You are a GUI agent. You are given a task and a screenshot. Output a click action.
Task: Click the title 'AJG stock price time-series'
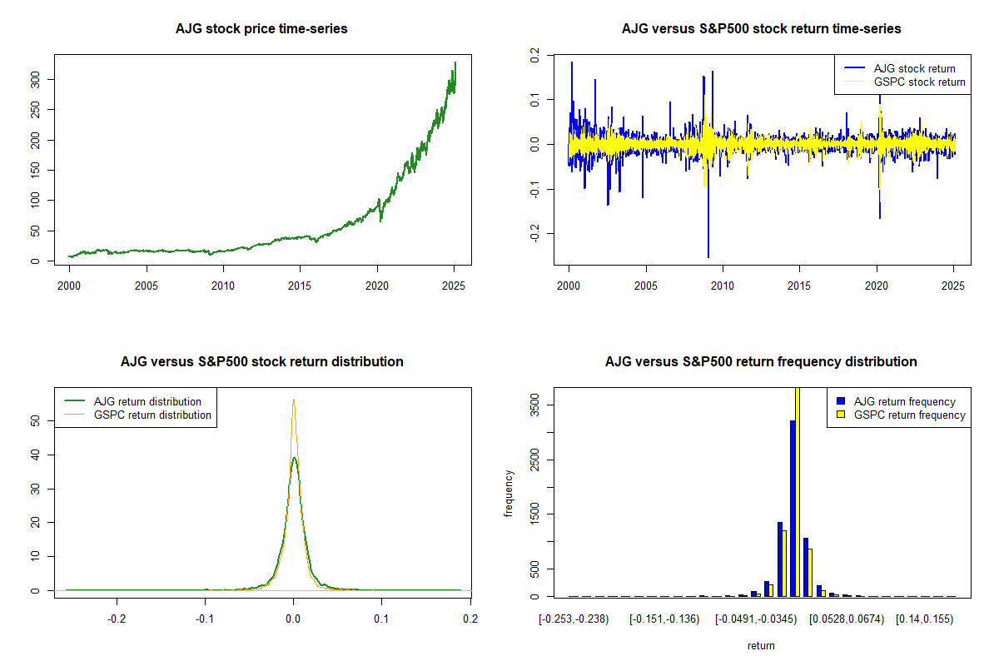pos(261,29)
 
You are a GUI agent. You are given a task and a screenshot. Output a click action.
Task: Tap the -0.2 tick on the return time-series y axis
pos(534,234)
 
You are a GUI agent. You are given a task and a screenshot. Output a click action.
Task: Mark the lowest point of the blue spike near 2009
pos(708,256)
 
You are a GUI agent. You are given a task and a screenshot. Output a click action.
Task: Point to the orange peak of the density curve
pos(293,400)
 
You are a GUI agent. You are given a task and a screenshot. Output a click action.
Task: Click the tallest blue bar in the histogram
pos(793,508)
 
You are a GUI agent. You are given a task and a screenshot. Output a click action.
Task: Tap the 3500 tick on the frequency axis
pos(534,405)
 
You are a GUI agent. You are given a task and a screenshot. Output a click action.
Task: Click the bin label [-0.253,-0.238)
pos(574,619)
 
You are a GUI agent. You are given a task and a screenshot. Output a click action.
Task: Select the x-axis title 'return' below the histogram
pos(761,645)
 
